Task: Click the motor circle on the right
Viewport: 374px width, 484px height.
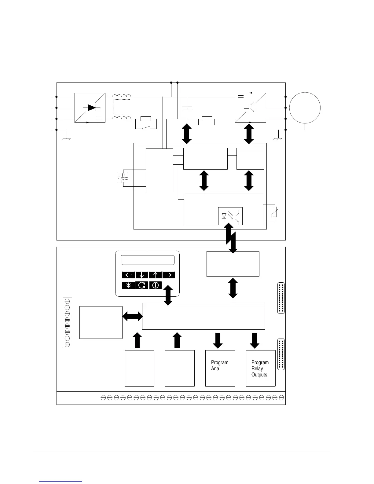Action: coord(305,108)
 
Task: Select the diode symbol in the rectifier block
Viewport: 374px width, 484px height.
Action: coord(91,108)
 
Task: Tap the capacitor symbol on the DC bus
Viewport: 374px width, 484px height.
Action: coord(187,108)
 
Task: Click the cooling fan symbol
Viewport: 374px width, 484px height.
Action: coord(123,178)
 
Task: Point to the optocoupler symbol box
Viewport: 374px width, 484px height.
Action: coord(230,216)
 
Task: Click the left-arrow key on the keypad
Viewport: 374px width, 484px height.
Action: coord(129,275)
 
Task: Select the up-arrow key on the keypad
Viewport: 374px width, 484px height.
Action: coord(155,275)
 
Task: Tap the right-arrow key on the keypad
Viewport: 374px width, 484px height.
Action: coord(169,275)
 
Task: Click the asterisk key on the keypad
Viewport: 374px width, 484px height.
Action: coord(129,285)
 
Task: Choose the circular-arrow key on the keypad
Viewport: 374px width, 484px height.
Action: coord(142,285)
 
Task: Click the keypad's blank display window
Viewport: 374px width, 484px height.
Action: coord(148,260)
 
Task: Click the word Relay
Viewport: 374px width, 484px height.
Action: coord(257,369)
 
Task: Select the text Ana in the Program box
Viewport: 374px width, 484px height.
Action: coord(215,369)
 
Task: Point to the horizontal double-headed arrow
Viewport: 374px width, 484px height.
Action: coord(132,317)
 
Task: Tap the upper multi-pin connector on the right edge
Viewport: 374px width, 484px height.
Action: coord(281,298)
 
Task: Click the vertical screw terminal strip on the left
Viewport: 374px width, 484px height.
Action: coord(68,323)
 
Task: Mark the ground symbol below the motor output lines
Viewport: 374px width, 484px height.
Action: coord(278,138)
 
